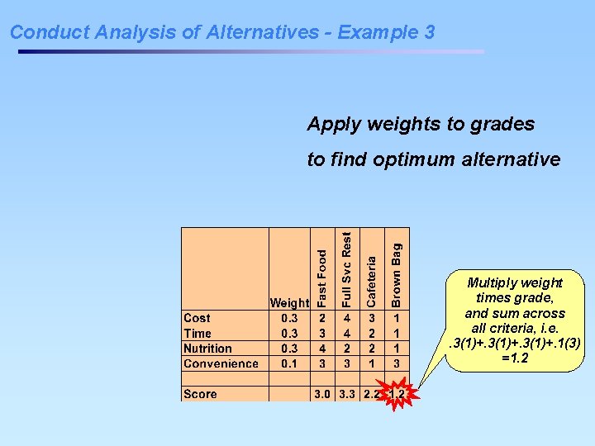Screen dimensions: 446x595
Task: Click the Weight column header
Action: pyautogui.click(x=289, y=303)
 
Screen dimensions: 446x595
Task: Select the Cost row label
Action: pyautogui.click(x=197, y=318)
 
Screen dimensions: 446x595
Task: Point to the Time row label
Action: pyautogui.click(x=198, y=333)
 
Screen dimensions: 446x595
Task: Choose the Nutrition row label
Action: pyautogui.click(x=207, y=349)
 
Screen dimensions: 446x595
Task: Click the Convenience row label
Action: pyautogui.click(x=221, y=363)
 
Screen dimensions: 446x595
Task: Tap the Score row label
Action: pyautogui.click(x=200, y=394)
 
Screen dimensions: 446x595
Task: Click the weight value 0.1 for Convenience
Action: pyautogui.click(x=289, y=363)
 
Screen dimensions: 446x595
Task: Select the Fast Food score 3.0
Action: pyautogui.click(x=322, y=394)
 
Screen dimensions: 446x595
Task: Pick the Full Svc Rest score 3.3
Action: pyautogui.click(x=347, y=394)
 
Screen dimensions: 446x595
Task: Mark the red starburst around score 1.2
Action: pyautogui.click(x=398, y=394)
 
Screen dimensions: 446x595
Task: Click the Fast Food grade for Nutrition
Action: pyautogui.click(x=322, y=349)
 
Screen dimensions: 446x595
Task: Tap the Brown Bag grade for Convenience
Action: pyautogui.click(x=397, y=363)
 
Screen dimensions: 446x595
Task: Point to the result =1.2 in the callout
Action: pyautogui.click(x=515, y=358)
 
